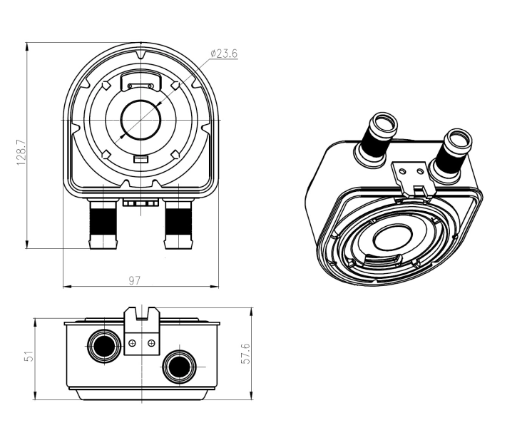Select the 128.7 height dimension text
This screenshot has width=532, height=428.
[21, 151]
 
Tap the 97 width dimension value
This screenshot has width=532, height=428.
[133, 280]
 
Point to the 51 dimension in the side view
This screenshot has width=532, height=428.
[29, 355]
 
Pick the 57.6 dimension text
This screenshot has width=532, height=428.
[245, 355]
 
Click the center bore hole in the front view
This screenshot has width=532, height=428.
[140, 119]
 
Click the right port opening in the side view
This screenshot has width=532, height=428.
[177, 367]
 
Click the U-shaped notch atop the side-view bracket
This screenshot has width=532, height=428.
[141, 314]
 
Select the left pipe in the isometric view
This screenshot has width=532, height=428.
[375, 137]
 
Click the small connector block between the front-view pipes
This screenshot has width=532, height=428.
[140, 202]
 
